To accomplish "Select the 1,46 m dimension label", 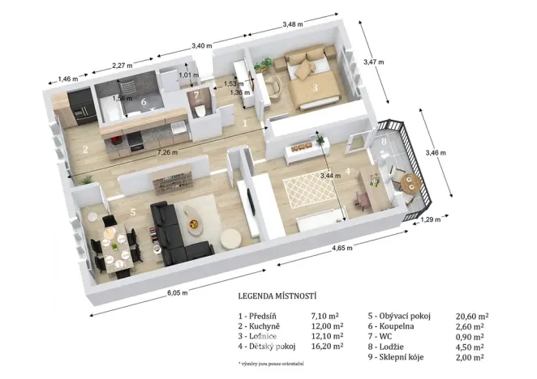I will click(x=68, y=79).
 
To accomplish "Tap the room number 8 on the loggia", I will click(x=384, y=142).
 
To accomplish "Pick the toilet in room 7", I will click(x=198, y=117).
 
